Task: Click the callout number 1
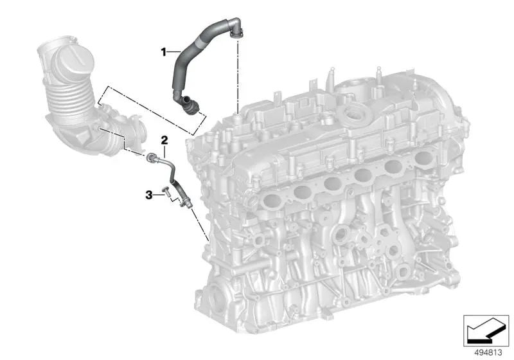click(x=164, y=50)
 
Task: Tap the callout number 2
click(x=164, y=139)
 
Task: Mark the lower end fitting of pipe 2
click(x=185, y=203)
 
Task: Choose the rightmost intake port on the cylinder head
click(x=425, y=157)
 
